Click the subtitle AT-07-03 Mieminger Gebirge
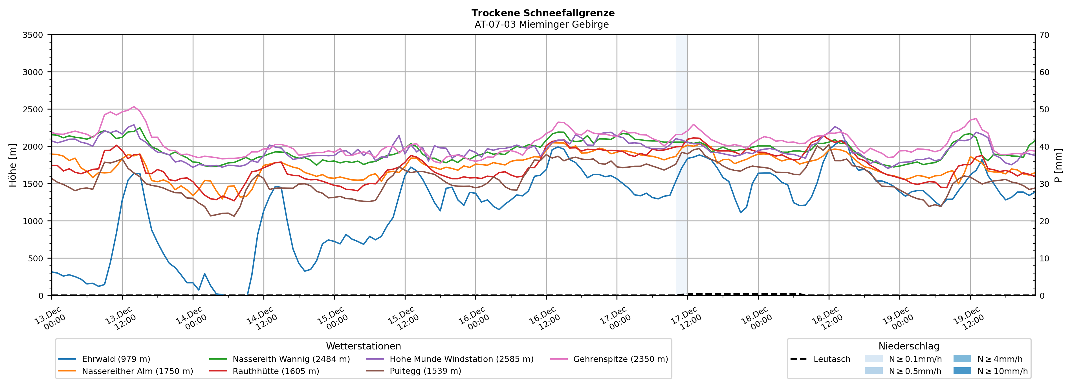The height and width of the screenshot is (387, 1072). click(x=541, y=25)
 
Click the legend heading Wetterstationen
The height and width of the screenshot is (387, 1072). click(x=363, y=346)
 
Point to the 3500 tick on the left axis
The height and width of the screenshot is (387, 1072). click(x=32, y=35)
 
